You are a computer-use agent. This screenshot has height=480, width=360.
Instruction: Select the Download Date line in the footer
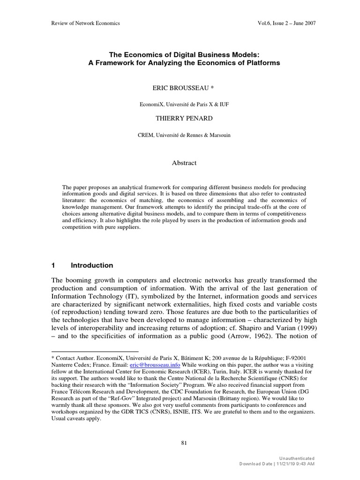[x=277, y=464]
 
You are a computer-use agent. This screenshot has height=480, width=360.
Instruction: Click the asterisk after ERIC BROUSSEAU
[x=212, y=88]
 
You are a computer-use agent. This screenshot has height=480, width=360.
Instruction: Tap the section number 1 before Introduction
[x=53, y=265]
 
